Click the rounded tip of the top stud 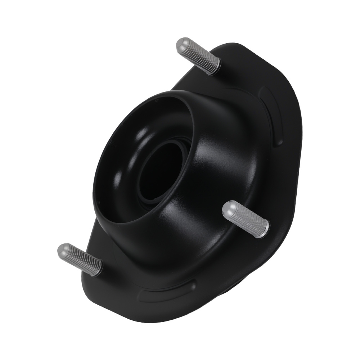click(183, 45)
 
